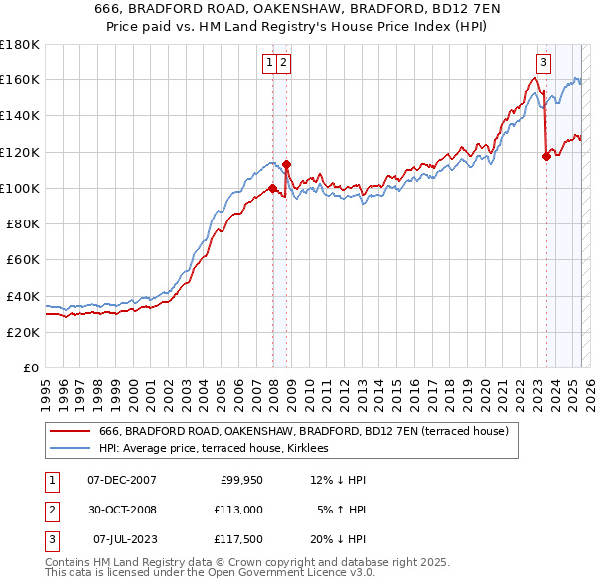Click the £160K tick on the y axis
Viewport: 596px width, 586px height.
(x=19, y=79)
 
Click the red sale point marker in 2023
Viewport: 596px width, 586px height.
(x=546, y=156)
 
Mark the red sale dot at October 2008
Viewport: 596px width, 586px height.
(x=286, y=164)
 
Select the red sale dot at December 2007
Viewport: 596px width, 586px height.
(x=272, y=188)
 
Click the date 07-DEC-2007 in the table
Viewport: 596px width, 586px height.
(x=121, y=480)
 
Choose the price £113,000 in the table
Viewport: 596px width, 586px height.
(x=238, y=510)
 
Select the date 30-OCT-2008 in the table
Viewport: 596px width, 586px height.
(x=121, y=510)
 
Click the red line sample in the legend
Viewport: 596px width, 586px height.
(x=71, y=431)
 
